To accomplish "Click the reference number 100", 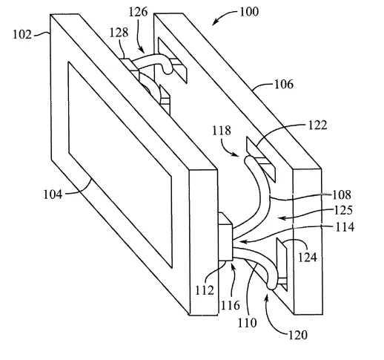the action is (249, 12).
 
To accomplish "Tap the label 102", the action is (22, 35).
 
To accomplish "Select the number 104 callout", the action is (53, 194).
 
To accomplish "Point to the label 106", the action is (284, 85).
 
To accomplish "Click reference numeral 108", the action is (341, 194).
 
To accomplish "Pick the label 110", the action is (248, 323).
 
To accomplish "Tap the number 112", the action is (205, 290).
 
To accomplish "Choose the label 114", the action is (345, 226).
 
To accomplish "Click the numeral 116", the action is (230, 305).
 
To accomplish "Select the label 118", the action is (222, 131).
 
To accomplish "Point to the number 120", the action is (298, 335).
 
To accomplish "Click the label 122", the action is (318, 125).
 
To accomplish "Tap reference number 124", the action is (308, 258).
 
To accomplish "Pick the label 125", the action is (343, 210).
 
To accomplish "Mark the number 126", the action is (138, 12).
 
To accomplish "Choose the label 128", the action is (119, 33).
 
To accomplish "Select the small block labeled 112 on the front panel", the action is (225, 236).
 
